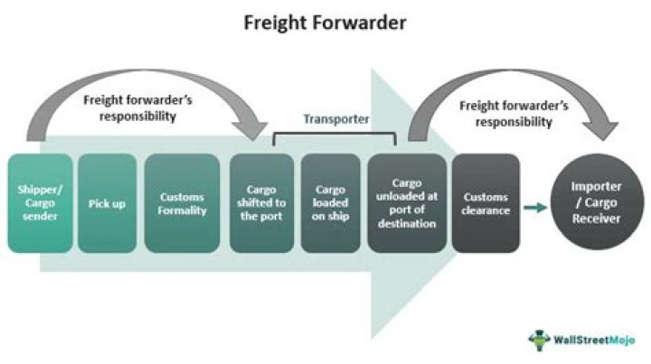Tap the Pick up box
coord(108,203)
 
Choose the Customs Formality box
coord(182,203)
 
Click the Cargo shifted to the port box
coord(261,203)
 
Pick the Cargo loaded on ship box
coord(330,203)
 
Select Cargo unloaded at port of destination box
coord(407,203)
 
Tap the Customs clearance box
coord(486,203)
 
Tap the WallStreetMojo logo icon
coord(539,338)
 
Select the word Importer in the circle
coord(598,191)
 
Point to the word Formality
coord(182,210)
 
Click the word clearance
coord(486,210)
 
